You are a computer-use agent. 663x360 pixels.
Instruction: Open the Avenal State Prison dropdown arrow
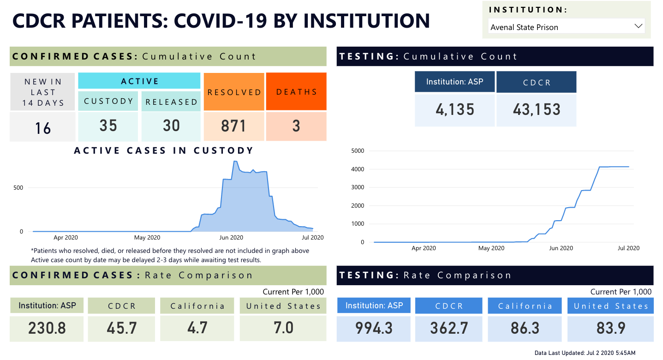coord(639,26)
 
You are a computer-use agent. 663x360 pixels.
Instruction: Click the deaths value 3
coord(296,126)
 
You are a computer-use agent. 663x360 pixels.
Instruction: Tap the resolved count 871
coord(233,126)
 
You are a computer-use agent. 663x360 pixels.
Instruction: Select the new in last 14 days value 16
coord(43,128)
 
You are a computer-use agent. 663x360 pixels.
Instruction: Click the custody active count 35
coord(108,126)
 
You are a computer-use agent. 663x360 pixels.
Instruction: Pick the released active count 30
coord(172,126)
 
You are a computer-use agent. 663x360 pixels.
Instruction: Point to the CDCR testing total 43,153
coord(537,110)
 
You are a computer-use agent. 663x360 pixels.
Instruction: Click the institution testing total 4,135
coord(455,110)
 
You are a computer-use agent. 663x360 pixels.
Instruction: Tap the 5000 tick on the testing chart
coord(358,151)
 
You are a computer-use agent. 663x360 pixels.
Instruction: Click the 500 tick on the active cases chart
coord(18,188)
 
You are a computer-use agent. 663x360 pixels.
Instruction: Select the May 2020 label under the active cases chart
coord(147,238)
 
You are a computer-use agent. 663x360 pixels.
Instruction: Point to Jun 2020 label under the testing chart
coord(561,248)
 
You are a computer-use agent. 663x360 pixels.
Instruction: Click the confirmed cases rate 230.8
coord(47,328)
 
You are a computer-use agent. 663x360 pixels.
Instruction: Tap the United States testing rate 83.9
coord(611,328)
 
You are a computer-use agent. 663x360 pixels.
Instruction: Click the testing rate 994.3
coord(374,328)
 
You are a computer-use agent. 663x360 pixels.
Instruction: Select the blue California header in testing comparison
coord(525,306)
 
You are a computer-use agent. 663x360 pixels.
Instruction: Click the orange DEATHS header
coord(297,92)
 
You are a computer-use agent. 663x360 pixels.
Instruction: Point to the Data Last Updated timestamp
coord(585,353)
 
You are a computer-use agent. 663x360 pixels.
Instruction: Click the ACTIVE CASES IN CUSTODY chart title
coord(164,150)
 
